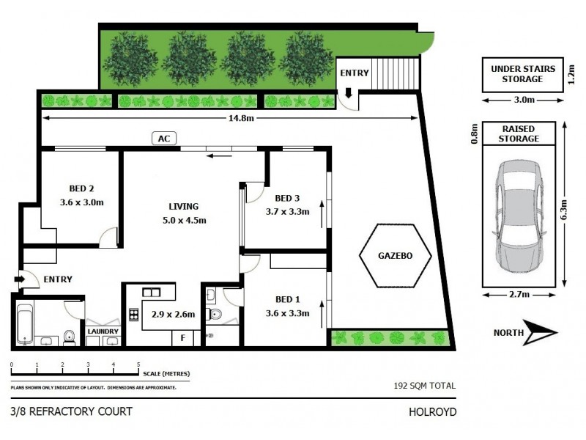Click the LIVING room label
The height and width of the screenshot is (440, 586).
tap(183, 207)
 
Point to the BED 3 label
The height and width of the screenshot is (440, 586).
tap(287, 198)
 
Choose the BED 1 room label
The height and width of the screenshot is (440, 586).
tap(286, 299)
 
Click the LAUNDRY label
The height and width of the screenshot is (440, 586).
tap(103, 331)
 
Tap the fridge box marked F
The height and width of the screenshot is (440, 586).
tap(182, 337)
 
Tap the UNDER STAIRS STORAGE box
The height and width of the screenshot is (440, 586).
tap(523, 74)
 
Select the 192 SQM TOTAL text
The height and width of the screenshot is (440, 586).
tap(424, 385)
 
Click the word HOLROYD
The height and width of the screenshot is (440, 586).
tap(434, 411)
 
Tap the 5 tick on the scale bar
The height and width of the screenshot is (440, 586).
tap(138, 364)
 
